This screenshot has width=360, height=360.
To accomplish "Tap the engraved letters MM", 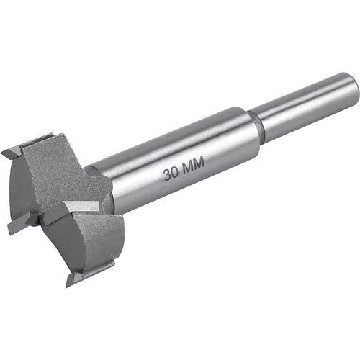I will coord(192,167).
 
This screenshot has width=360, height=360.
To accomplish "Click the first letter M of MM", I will coord(186,169).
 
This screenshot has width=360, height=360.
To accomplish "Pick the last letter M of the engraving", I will coord(198,165).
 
